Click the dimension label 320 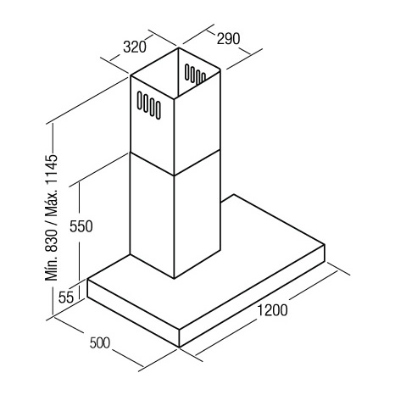click(x=135, y=47)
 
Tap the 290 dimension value click(x=228, y=39)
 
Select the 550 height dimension click(x=81, y=226)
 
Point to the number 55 click(x=66, y=297)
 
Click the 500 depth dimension click(x=99, y=343)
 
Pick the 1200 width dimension click(x=272, y=310)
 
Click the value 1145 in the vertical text click(x=52, y=170)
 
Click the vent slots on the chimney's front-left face click(x=149, y=105)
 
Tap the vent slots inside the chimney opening click(x=195, y=75)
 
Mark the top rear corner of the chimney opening click(x=178, y=47)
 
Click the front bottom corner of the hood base click(x=180, y=347)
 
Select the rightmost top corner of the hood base click(x=325, y=244)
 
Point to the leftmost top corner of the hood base click(x=87, y=279)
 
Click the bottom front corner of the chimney click(x=174, y=279)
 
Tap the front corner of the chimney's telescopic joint click(x=174, y=175)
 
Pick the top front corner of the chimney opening click(x=174, y=99)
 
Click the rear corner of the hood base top click(x=234, y=195)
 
